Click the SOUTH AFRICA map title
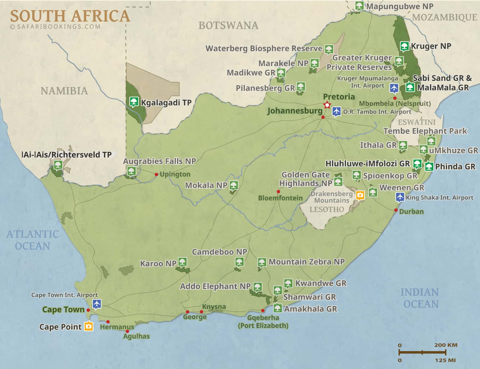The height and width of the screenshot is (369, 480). tap(70, 16)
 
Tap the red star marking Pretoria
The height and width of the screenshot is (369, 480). tap(327, 105)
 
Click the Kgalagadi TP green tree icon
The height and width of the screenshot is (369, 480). tap(134, 101)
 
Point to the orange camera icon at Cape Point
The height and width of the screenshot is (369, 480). tap(89, 326)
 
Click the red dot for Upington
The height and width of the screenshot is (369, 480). tap(157, 174)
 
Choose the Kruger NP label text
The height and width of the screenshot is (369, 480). tap(431, 46)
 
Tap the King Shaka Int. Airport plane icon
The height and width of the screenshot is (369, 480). tap(400, 197)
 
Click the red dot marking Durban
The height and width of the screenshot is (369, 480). tap(396, 210)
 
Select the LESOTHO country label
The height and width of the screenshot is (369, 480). tap(326, 209)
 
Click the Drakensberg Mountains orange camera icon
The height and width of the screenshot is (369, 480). tap(360, 195)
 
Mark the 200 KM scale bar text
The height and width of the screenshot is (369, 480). tap(446, 345)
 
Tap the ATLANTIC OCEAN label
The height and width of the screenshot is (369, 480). tap(33, 240)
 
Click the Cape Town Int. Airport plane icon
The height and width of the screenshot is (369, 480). tap(97, 304)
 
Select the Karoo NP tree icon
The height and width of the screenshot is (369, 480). tap(182, 262)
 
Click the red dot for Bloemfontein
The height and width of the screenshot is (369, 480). tap(278, 192)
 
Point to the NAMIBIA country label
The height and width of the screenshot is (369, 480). tap(64, 91)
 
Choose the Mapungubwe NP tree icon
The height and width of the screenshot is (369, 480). tap(359, 5)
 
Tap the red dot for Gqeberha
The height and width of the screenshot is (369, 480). tap(263, 311)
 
